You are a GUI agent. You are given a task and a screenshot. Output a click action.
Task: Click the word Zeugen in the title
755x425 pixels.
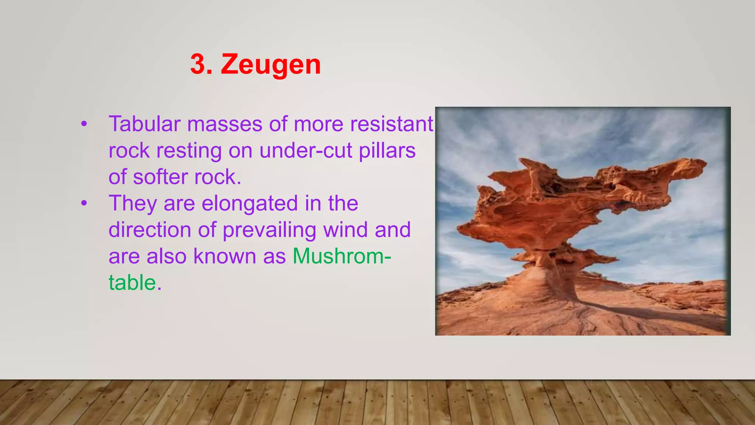click(271, 65)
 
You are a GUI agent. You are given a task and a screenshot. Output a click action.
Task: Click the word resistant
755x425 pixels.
click(392, 124)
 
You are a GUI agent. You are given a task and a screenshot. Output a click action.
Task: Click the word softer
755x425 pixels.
click(160, 177)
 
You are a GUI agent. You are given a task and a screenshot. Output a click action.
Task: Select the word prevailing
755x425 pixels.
click(269, 230)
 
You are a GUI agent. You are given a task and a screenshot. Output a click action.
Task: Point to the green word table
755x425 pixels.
click(132, 283)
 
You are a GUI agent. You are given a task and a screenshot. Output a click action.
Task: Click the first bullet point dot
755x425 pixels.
click(84, 124)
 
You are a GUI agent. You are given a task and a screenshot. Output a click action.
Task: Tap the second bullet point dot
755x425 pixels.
click(84, 203)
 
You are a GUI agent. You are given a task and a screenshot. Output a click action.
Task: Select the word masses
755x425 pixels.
click(225, 124)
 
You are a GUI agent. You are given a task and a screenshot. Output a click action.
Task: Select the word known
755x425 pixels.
click(225, 256)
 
